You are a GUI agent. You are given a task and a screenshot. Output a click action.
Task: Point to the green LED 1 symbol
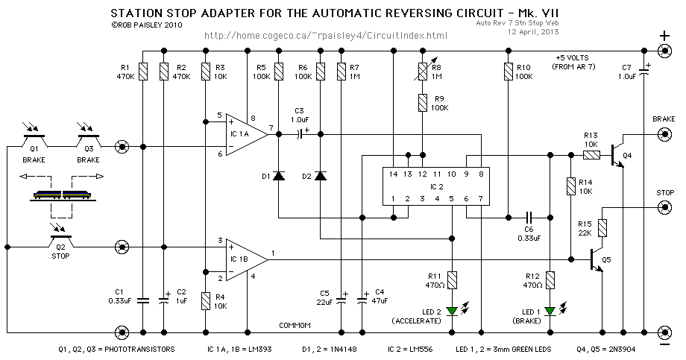click(550, 312)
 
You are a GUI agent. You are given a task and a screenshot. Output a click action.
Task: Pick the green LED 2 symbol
click(453, 312)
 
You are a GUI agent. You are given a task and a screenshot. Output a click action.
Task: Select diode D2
click(321, 176)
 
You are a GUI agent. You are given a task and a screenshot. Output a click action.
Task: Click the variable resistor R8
click(421, 72)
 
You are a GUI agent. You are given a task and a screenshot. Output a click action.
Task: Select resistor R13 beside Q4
click(591, 155)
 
